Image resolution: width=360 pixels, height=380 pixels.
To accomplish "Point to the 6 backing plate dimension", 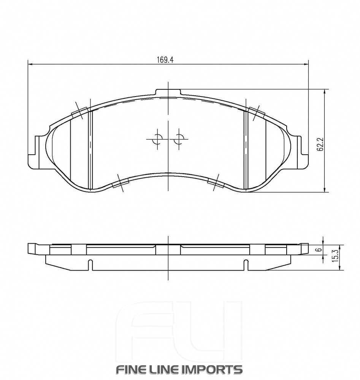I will [x=320, y=250].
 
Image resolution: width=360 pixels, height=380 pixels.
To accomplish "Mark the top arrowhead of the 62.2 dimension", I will [x=325, y=92].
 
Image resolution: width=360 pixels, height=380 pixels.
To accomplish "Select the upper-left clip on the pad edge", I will [x=80, y=111].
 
